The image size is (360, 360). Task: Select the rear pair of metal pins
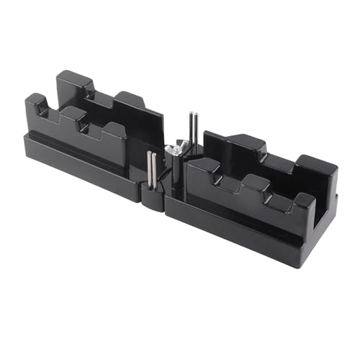point(194,130)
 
